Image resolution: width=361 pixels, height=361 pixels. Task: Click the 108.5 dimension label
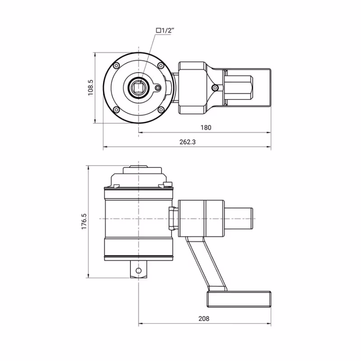pos(90,88)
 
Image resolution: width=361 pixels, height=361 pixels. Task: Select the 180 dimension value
pos(205,128)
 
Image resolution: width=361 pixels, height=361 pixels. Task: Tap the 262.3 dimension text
pos(187,142)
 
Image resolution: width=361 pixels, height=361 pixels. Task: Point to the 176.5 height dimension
pos(84,222)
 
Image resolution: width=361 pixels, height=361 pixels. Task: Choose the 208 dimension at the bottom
pos(204,319)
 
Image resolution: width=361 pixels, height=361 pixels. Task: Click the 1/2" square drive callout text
pos(165,30)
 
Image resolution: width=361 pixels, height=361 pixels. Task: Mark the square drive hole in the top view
pos(139,87)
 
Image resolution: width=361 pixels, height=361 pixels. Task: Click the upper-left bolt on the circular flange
pos(116,66)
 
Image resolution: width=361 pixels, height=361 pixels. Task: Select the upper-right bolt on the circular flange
pos(161,66)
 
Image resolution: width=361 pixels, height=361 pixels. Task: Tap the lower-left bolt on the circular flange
pos(116,109)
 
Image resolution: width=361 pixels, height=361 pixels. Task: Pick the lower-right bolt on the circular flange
pos(161,109)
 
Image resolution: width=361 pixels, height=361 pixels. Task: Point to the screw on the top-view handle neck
pos(216,88)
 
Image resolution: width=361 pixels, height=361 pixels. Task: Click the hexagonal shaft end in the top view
pos(239,88)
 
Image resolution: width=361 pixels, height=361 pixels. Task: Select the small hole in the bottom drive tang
pos(139,270)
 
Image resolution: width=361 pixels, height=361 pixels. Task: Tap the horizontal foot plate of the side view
pos(239,299)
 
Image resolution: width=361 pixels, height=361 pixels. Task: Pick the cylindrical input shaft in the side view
pos(239,219)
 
